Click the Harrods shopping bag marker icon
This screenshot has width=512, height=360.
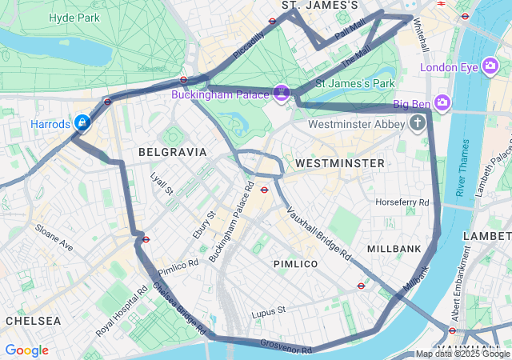[82, 122]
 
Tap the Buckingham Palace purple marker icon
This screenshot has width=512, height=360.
[281, 94]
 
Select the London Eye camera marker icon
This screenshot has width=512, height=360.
[491, 67]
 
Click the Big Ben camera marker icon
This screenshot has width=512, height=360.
[443, 103]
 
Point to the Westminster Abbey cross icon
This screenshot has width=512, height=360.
[417, 123]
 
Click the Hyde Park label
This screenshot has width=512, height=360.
[74, 17]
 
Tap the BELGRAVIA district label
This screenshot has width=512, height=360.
[172, 151]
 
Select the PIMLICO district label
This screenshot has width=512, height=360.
[295, 263]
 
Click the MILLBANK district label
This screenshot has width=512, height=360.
[394, 249]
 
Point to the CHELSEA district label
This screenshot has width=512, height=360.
[33, 320]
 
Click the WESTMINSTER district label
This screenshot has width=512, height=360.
[340, 162]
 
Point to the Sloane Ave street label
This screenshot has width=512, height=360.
[54, 238]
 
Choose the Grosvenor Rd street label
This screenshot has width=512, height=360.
[286, 346]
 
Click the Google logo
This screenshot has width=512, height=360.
[26, 350]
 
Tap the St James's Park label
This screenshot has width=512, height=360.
[355, 83]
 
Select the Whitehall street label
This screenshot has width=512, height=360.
[420, 35]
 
